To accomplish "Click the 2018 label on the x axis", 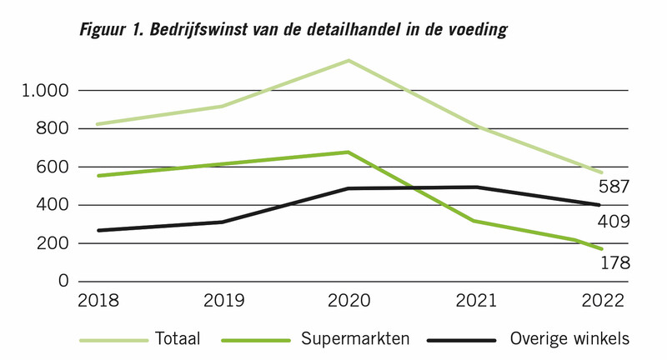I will [98, 300].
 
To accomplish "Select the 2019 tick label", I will [223, 300].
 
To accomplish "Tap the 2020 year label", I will [349, 300].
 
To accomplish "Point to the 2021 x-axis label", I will [474, 300].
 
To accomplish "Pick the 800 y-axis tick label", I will [52, 128].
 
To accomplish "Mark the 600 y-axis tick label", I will [52, 167].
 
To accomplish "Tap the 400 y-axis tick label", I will [52, 205].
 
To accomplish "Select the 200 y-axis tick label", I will [52, 243].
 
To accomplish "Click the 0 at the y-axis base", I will [63, 282].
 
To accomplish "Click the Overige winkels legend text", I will [569, 339].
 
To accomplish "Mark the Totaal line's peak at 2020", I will [349, 61].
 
